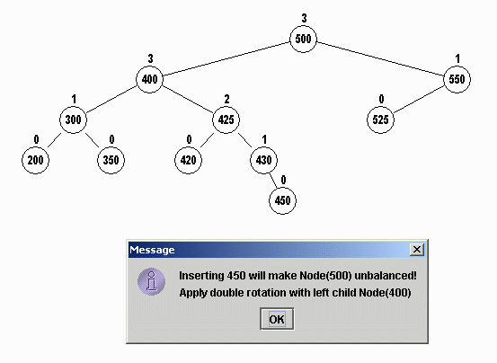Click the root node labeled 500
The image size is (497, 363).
(304, 39)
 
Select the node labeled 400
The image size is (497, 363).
(149, 79)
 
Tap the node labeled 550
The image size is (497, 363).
(457, 79)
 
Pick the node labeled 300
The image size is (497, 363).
(73, 120)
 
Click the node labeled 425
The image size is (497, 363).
(226, 120)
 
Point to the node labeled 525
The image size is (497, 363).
(380, 120)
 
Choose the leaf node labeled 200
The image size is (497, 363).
(36, 160)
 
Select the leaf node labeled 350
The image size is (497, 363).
(111, 160)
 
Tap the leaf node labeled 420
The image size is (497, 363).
(188, 160)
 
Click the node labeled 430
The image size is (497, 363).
(263, 160)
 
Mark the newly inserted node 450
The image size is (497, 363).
(282, 200)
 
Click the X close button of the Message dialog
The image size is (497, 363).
(417, 250)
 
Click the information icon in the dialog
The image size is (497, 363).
(152, 281)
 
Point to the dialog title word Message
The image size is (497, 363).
(152, 250)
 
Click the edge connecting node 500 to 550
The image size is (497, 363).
(380, 59)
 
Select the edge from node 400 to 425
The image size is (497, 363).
(188, 100)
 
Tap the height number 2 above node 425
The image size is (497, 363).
(226, 100)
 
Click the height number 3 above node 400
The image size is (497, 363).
(150, 59)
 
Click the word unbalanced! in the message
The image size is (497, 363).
(386, 276)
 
